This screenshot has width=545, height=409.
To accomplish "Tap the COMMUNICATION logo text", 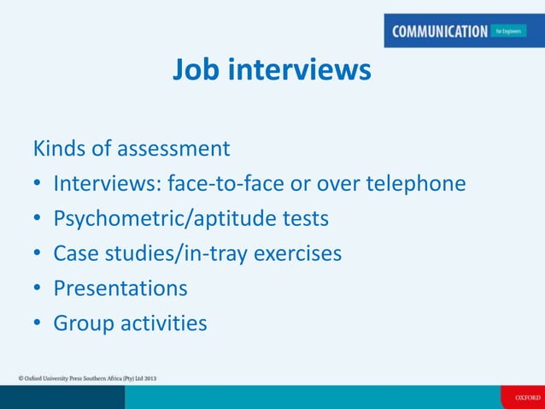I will [439, 32].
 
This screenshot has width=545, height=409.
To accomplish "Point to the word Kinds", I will [59, 149].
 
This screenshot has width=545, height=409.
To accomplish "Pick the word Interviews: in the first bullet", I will [108, 184].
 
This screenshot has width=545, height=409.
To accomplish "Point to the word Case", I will [76, 254].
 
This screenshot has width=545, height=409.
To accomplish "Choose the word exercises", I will [296, 254].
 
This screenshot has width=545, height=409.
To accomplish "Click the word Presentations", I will [120, 288].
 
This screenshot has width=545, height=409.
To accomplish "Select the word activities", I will [163, 323].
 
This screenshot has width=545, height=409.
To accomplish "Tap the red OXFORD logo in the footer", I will [522, 397].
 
